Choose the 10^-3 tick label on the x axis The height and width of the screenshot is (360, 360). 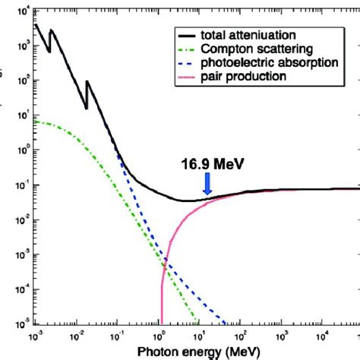(34, 335)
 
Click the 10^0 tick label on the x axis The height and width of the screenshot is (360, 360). (158, 335)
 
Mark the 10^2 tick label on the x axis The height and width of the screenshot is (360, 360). (241, 335)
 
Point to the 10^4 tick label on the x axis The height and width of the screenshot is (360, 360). (324, 335)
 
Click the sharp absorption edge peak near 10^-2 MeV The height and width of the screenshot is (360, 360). (87, 81)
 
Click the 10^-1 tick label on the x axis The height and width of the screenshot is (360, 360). (116, 335)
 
